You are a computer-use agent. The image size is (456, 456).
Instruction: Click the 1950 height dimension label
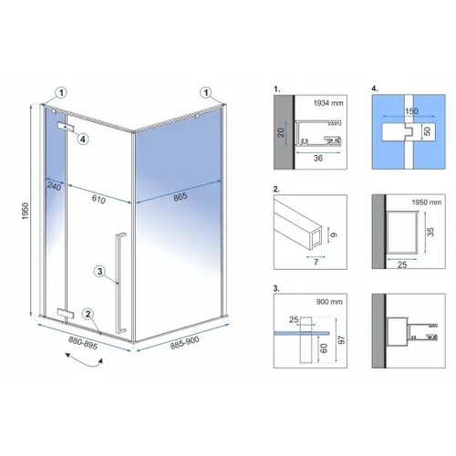[x=26, y=211]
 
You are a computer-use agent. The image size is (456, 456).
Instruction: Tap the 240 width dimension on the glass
[x=54, y=186]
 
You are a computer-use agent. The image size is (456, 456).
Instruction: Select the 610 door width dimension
[x=98, y=199]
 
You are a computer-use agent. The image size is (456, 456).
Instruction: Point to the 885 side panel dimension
[x=181, y=197]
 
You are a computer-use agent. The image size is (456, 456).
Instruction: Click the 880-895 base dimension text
[x=83, y=343]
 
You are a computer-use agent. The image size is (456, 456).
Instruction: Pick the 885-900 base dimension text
[x=185, y=343]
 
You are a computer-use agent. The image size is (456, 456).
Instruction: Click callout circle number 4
[x=83, y=139]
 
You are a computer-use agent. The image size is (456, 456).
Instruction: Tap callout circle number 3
[x=99, y=271]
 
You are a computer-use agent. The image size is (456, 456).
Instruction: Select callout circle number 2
[x=88, y=314]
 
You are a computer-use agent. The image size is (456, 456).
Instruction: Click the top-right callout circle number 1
[x=206, y=92]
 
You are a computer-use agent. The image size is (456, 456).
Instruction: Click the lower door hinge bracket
[x=66, y=313]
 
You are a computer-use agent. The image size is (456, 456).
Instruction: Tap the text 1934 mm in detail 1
[x=328, y=103]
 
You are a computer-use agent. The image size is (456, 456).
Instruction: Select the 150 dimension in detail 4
[x=411, y=111]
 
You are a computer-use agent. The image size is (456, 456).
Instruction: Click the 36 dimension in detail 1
[x=318, y=158]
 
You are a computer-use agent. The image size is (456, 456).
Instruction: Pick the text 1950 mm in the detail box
[x=427, y=202]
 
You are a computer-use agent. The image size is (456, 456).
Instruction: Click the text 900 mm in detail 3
[x=329, y=302]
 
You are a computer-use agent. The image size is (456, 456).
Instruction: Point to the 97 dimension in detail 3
[x=342, y=340]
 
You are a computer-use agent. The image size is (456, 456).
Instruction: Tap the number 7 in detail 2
[x=316, y=262]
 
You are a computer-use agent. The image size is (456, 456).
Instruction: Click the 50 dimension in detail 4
[x=427, y=131]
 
